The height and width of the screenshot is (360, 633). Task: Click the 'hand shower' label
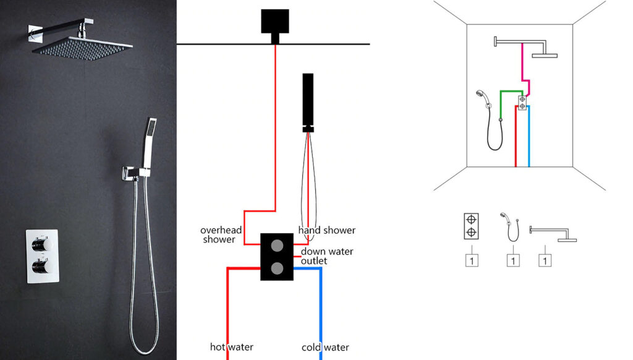(327, 230)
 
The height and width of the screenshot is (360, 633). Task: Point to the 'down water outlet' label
(327, 256)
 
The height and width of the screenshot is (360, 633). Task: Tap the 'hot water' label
(232, 347)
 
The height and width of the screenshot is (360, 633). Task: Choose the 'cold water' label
(325, 347)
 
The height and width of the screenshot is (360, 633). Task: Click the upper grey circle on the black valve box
(277, 246)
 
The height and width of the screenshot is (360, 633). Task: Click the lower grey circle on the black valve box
(277, 268)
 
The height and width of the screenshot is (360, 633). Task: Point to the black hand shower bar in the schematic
(307, 99)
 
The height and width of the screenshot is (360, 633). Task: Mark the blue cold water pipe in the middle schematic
(321, 309)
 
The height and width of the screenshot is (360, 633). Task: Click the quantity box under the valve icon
(472, 260)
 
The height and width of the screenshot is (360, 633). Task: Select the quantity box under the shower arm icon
(545, 260)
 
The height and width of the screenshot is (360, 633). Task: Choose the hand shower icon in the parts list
(511, 228)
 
